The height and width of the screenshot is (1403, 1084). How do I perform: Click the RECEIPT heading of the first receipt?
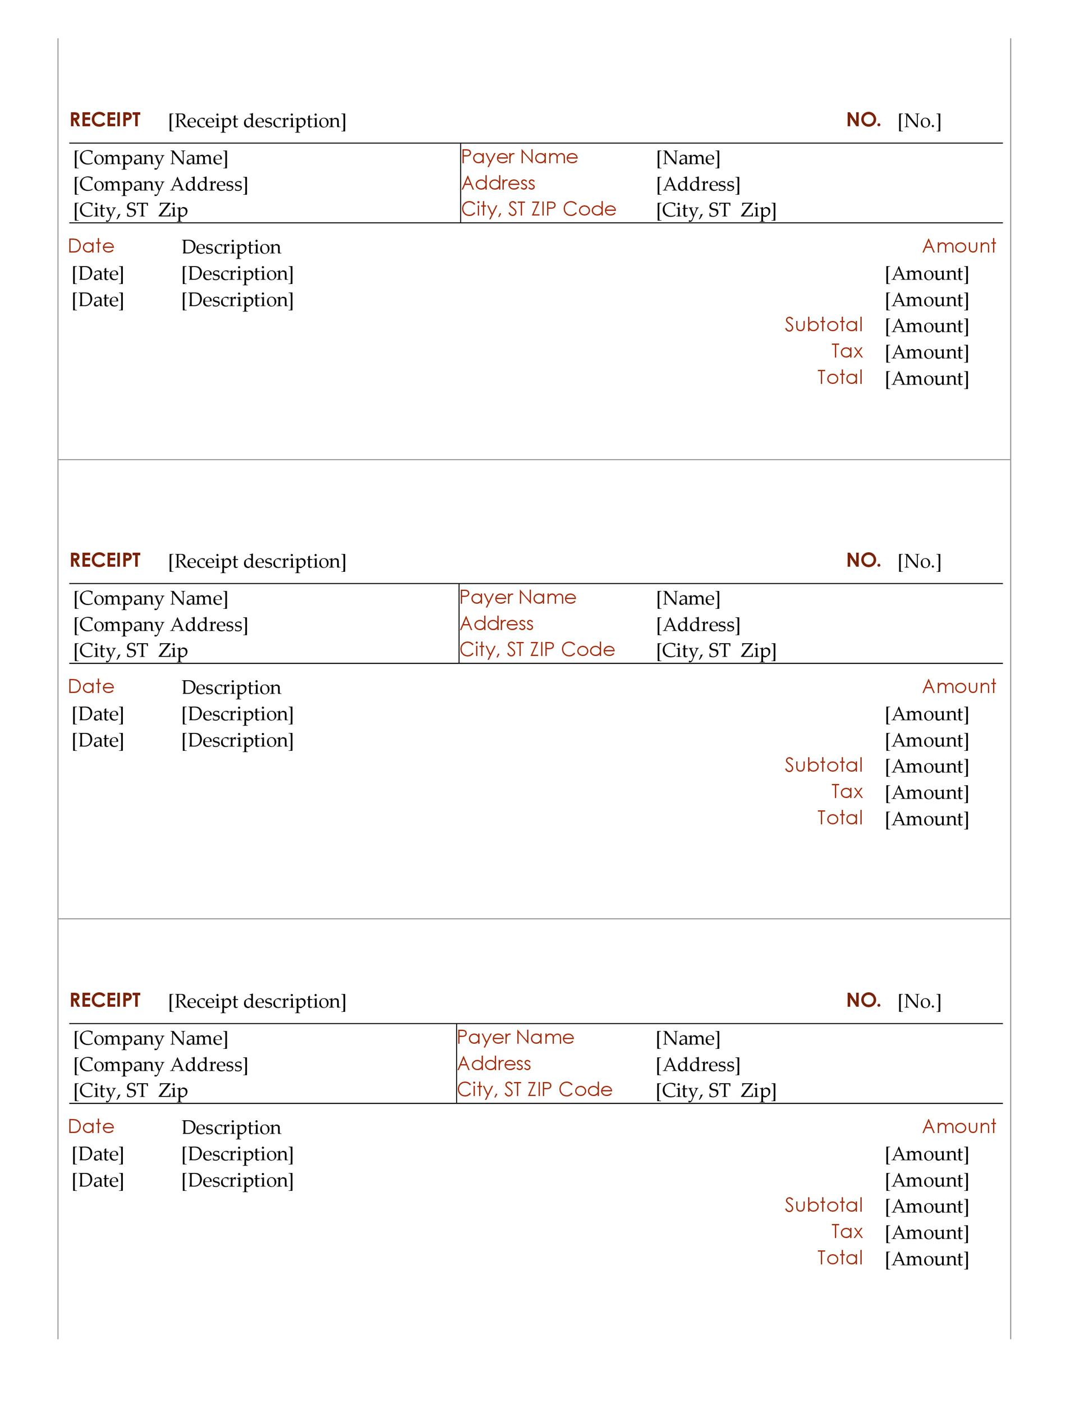105,120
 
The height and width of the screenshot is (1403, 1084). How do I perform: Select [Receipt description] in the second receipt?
257,561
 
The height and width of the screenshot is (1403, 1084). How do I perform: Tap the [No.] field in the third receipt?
919,1002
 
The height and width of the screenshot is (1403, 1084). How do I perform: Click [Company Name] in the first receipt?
150,158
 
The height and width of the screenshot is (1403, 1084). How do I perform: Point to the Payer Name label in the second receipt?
518,598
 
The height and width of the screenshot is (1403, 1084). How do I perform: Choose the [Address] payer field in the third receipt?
697,1065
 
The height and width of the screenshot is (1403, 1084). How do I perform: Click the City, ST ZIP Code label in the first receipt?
538,209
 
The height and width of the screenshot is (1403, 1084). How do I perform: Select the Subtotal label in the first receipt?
823,325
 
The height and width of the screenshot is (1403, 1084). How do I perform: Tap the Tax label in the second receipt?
847,792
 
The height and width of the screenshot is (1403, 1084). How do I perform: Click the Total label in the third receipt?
839,1258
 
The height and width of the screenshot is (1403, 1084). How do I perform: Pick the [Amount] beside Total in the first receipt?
926,379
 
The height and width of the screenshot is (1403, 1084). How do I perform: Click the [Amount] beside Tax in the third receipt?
926,1233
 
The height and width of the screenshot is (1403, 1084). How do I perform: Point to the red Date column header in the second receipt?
91,687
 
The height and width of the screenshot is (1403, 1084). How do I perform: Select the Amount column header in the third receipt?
959,1127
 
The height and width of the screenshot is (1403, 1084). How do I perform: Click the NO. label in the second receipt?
863,560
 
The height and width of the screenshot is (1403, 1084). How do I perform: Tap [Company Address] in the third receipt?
160,1065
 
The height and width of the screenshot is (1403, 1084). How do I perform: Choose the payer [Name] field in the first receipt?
688,158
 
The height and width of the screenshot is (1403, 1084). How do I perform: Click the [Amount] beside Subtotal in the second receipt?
926,767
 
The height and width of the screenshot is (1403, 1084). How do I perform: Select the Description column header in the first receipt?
231,247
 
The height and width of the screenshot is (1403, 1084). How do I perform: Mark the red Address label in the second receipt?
497,623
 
